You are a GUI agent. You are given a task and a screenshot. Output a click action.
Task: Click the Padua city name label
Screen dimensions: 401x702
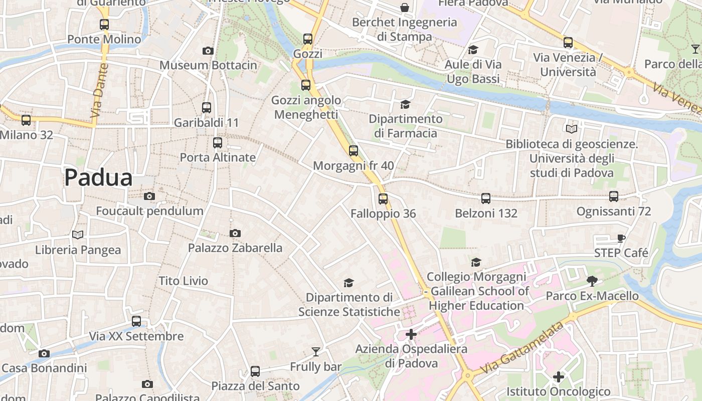click(x=98, y=178)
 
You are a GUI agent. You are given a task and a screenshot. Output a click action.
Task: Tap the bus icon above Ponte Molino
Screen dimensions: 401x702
click(x=104, y=24)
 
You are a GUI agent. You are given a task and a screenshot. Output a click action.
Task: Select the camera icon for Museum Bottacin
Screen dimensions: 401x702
click(x=208, y=51)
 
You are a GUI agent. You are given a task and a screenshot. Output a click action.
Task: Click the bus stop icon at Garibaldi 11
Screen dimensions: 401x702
click(x=206, y=107)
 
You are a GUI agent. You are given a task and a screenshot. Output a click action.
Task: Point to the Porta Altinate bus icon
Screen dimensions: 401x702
click(x=217, y=143)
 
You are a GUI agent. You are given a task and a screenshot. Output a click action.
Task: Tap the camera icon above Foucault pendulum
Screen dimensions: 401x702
click(x=149, y=196)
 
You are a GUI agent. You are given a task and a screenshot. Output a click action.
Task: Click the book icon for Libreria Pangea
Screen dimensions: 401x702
click(x=77, y=235)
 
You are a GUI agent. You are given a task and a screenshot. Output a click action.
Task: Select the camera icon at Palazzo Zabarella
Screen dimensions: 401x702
click(x=235, y=233)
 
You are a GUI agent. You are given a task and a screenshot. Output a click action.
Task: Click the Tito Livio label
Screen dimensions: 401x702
click(x=183, y=281)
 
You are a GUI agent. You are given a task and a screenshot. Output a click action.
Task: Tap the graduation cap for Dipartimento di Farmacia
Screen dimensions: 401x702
click(x=405, y=104)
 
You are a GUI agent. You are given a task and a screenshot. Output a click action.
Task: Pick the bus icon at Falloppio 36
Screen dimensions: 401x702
click(x=383, y=199)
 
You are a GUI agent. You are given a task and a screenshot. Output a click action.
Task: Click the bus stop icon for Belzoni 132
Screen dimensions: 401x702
click(x=485, y=198)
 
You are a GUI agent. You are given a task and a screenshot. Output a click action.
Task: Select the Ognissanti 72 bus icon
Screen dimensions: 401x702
click(x=613, y=196)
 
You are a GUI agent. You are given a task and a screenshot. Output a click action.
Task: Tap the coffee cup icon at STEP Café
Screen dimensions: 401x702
click(x=621, y=238)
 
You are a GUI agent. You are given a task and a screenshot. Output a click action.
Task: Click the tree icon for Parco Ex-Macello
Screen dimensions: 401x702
click(x=592, y=281)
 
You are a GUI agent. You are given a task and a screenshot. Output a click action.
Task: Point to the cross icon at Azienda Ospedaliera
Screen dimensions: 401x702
click(x=411, y=334)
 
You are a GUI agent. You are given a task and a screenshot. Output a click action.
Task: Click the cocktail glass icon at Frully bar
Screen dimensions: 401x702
click(x=315, y=352)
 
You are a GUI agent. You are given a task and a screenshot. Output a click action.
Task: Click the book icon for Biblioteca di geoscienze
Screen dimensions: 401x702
click(x=571, y=129)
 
